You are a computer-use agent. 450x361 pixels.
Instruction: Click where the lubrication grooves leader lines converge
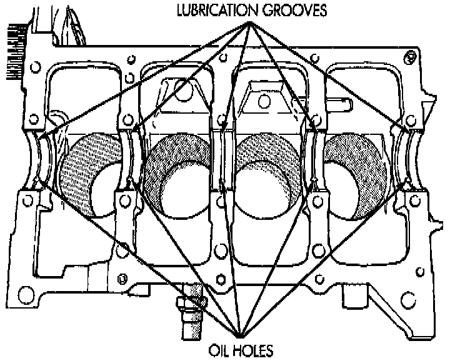point(251,23)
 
